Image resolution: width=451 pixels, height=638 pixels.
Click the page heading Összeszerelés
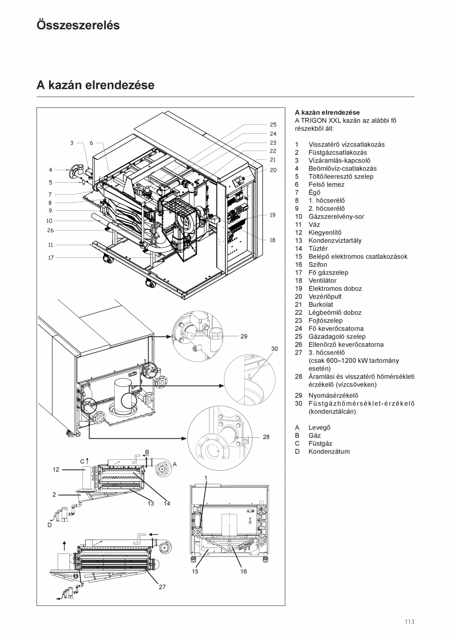(x=78, y=26)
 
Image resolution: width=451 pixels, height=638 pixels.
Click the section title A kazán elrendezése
(x=95, y=85)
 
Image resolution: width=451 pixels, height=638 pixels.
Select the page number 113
(x=409, y=622)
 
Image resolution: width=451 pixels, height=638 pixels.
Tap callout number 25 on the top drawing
(x=273, y=125)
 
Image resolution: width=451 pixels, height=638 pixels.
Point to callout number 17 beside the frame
(x=50, y=257)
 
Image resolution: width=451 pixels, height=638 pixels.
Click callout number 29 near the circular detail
(x=244, y=336)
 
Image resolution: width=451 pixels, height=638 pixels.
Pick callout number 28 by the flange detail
(x=266, y=436)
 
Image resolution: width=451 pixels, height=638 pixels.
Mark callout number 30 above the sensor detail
(x=275, y=349)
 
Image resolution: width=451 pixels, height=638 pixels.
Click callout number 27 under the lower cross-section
(x=162, y=587)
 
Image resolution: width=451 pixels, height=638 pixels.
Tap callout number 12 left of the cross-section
(x=56, y=469)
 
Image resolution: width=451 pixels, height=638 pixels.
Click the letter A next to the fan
(x=175, y=464)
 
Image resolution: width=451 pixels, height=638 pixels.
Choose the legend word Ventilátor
(x=322, y=281)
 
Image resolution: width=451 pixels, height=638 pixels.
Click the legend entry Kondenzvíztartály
(x=335, y=240)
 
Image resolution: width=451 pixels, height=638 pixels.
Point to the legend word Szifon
(x=317, y=264)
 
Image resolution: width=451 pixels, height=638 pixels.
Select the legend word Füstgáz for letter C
(x=320, y=443)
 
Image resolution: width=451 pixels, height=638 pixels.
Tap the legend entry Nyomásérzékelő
(x=333, y=395)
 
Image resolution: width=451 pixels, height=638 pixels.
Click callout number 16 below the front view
(x=244, y=571)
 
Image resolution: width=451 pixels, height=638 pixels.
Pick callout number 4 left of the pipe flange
(x=50, y=170)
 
